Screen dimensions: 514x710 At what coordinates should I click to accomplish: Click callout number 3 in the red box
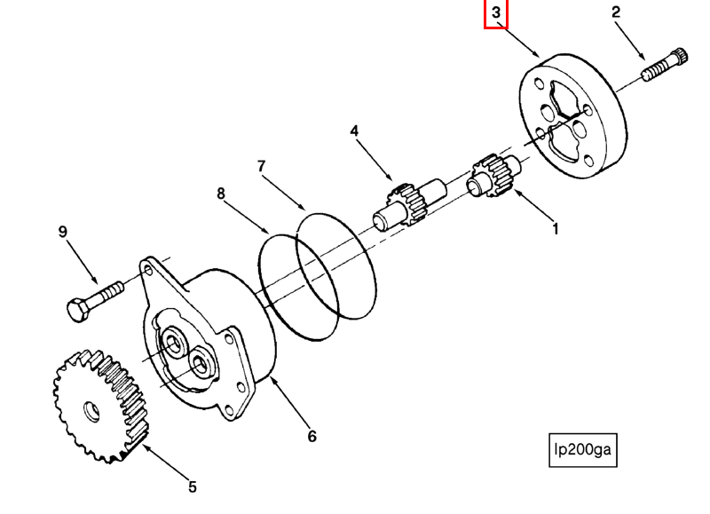496,13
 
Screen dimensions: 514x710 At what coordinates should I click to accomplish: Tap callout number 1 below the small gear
556,229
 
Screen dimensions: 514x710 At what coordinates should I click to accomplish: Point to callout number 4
354,131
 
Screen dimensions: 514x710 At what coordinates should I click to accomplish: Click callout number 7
261,166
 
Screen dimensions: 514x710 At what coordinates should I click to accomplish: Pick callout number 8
220,193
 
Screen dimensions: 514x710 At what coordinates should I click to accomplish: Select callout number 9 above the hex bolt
62,233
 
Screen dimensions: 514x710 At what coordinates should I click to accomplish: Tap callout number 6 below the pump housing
312,436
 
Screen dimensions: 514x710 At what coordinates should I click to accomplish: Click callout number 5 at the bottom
192,486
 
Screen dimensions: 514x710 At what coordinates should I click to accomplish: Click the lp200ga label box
582,450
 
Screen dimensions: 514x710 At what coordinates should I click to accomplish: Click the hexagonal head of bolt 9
77,309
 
